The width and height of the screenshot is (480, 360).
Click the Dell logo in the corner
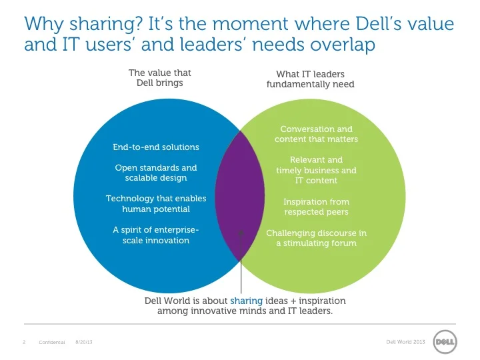445,341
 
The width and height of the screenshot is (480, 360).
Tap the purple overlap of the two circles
240,196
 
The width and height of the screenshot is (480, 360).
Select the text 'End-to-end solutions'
156,147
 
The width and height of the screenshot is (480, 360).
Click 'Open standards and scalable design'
156,173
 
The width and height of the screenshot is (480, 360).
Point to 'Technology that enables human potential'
156,203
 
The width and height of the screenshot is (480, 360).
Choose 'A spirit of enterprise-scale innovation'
156,235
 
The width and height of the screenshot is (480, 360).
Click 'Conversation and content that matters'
316,134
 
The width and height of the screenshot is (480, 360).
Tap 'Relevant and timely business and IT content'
316,170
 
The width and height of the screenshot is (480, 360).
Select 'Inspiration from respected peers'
316,207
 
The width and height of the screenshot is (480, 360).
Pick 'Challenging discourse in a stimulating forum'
316,238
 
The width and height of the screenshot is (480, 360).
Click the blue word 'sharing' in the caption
247,301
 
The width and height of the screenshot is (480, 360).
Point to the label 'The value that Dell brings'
159,78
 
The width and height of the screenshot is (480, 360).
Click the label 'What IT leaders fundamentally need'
311,79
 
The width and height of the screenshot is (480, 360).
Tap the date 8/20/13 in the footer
84,342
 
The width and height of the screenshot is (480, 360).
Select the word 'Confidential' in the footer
52,342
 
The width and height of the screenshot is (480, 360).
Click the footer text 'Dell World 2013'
405,342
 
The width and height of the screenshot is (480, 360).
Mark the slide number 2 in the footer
24,342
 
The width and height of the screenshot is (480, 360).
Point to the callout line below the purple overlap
241,263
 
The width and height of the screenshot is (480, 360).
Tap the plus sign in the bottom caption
293,301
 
